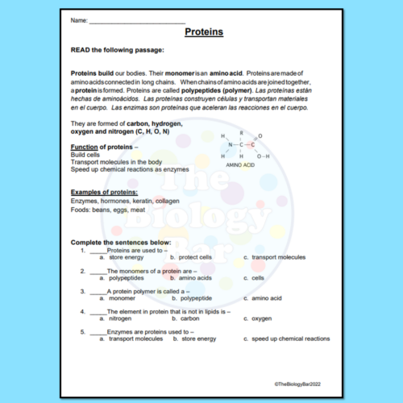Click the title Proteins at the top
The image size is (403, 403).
(204, 33)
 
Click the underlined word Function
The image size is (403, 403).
(85, 147)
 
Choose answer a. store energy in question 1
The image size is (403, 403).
(124, 257)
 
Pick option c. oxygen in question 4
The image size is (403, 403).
(260, 318)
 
